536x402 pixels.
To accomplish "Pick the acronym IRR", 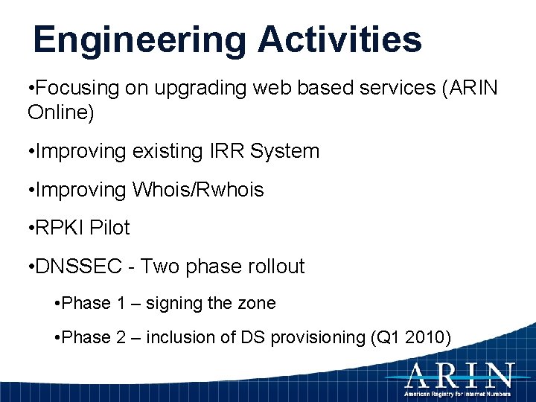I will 223,151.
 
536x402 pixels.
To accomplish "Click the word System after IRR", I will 284,151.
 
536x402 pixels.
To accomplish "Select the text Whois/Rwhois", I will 198,190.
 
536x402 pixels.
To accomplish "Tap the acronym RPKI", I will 59,228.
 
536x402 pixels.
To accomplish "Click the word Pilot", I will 109,228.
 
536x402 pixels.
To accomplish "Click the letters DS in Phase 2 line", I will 248,338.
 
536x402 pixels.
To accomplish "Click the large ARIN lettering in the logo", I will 459,374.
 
